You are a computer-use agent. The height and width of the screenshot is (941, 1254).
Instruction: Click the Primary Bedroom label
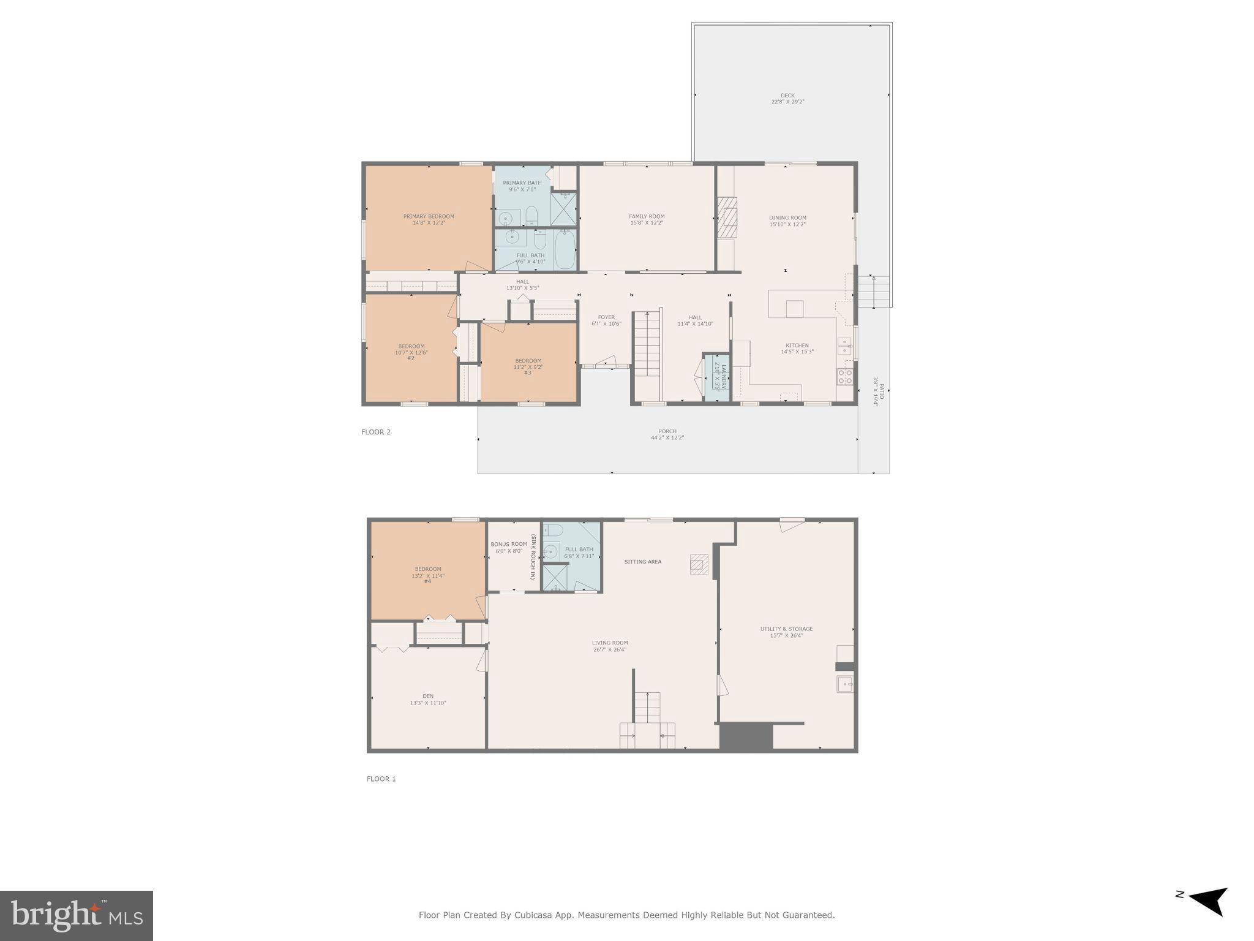click(x=429, y=216)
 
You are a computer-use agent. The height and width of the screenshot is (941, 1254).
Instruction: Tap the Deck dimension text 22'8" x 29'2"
click(x=787, y=102)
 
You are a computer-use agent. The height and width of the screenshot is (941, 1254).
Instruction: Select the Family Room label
click(x=647, y=216)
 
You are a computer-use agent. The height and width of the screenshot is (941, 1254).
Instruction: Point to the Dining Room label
click(x=787, y=217)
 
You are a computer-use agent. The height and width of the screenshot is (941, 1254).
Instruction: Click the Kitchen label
click(x=797, y=346)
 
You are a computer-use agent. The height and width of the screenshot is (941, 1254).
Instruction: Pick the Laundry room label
click(x=723, y=377)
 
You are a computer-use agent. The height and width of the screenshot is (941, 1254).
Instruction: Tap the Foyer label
click(x=606, y=317)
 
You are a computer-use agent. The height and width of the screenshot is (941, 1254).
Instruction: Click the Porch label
click(x=667, y=431)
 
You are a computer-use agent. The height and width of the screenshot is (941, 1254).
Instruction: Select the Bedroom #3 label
click(x=528, y=361)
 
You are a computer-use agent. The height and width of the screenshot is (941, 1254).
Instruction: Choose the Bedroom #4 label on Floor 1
click(x=427, y=569)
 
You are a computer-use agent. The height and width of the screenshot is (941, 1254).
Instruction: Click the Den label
click(x=427, y=696)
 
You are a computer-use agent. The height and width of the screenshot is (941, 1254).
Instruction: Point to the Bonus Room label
click(x=508, y=544)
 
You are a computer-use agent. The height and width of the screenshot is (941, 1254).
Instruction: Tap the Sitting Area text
click(x=642, y=562)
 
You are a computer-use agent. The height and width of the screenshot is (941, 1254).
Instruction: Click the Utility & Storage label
click(x=786, y=629)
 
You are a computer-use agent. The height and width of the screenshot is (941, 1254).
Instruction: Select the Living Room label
click(x=609, y=643)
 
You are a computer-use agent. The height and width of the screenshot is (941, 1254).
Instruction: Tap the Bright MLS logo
click(x=77, y=916)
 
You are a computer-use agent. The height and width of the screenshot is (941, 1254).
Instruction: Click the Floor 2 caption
click(x=375, y=432)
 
